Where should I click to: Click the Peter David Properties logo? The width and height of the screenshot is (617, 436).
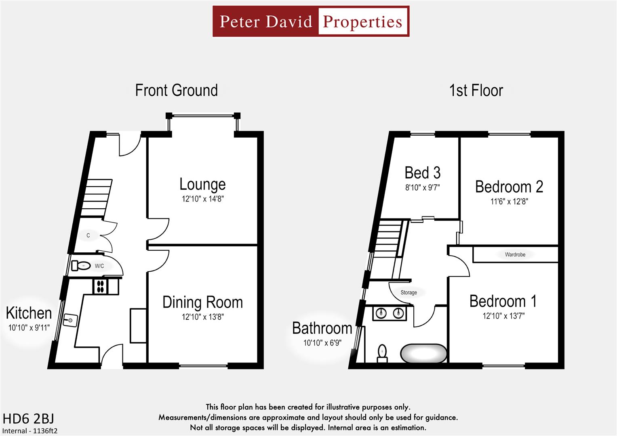[x=311, y=21]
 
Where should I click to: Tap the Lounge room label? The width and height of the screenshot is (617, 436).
[x=202, y=184]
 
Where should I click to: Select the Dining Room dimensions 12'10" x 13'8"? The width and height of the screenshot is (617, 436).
[x=202, y=317]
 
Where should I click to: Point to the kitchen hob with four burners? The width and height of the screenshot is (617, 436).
[x=100, y=286]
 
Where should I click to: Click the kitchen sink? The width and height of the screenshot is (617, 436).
[x=69, y=320]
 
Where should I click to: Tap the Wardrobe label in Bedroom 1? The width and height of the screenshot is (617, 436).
[x=515, y=255]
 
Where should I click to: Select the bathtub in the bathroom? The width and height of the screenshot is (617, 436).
[x=423, y=354]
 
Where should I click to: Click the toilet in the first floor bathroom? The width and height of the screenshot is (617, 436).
[x=382, y=353]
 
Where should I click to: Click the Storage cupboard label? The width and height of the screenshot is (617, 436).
[x=409, y=293]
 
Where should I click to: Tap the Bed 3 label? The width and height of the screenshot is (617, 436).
[x=422, y=173]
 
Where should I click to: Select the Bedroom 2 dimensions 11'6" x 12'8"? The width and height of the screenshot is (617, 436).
[x=509, y=201]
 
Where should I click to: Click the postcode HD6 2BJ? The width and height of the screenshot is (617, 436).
[x=28, y=419]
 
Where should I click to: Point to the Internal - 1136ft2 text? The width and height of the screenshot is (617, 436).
[x=30, y=431]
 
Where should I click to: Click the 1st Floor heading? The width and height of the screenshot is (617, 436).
[x=476, y=90]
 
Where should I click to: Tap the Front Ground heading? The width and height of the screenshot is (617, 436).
[x=176, y=90]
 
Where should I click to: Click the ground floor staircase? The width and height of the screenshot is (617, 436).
[x=96, y=198]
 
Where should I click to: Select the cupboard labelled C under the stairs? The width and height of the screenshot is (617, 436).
[x=88, y=235]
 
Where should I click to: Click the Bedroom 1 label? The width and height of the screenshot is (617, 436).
[x=503, y=302]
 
